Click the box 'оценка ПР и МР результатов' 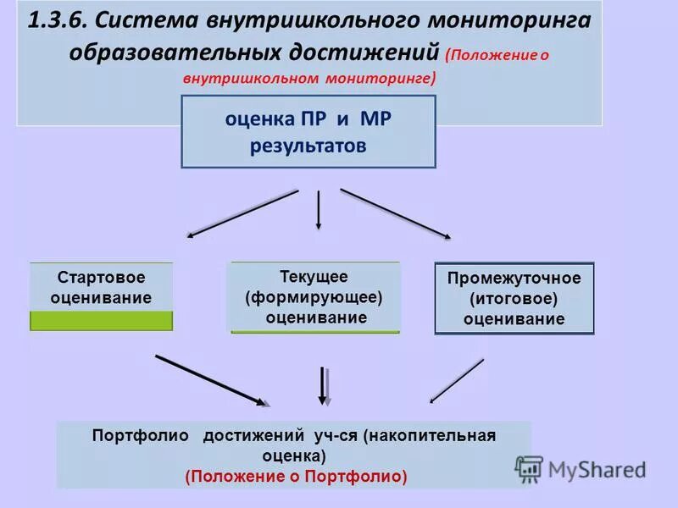[308, 131]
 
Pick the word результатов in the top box [308, 146]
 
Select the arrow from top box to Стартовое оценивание [242, 213]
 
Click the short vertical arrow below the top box [319, 210]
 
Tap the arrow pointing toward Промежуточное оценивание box [396, 213]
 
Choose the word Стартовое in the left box [101, 278]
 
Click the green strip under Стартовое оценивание [102, 321]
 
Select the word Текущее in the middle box [314, 277]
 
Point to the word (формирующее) [314, 297]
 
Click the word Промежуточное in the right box [514, 279]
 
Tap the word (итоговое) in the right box [514, 299]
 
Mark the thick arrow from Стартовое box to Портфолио [213, 378]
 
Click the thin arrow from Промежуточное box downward [457, 380]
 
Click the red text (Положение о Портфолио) [296, 477]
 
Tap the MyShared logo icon [529, 469]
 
